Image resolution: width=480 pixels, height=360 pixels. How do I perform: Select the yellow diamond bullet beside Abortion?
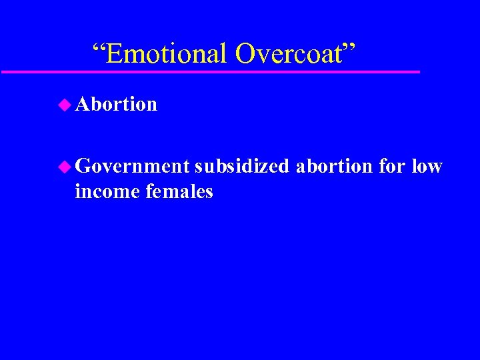pyautogui.click(x=64, y=104)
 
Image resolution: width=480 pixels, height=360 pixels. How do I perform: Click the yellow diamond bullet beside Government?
pyautogui.click(x=64, y=166)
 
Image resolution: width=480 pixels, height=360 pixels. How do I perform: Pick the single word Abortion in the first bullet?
pyautogui.click(x=116, y=104)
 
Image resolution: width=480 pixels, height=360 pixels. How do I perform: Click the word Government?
pyautogui.click(x=133, y=166)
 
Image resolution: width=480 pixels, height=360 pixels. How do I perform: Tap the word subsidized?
pyautogui.click(x=242, y=166)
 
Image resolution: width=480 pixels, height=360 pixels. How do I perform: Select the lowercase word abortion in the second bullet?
pyautogui.click(x=335, y=166)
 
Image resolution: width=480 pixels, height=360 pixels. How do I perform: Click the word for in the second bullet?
pyautogui.click(x=392, y=166)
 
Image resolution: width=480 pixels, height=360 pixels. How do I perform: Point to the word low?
pyautogui.click(x=427, y=166)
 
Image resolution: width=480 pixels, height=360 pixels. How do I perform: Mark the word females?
pyautogui.click(x=178, y=192)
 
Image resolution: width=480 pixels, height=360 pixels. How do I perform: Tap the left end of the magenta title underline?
pyautogui.click(x=3, y=71)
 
